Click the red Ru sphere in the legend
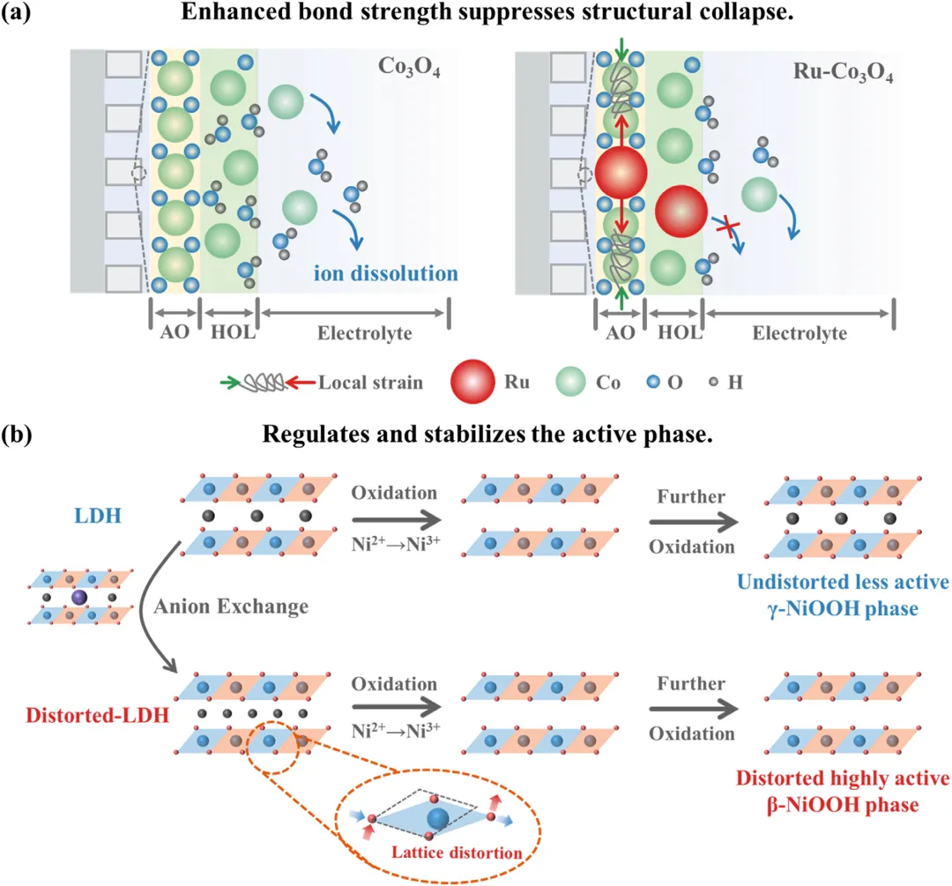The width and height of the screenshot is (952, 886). click(x=475, y=382)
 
